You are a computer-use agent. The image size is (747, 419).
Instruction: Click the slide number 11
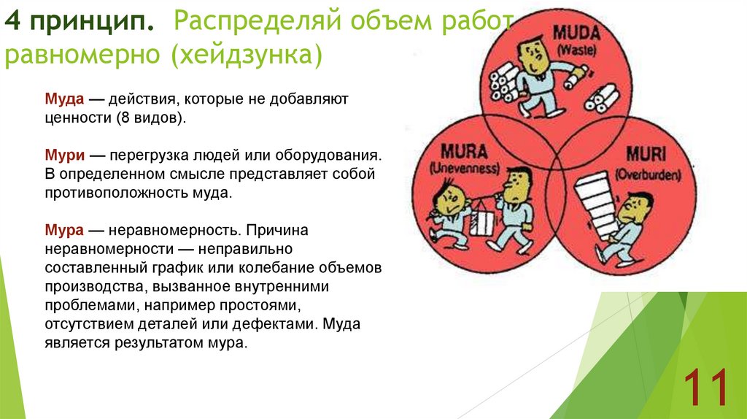coord(705,388)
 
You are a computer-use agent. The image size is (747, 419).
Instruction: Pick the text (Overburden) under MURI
coord(648,175)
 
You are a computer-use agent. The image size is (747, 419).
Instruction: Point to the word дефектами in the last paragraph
coord(282,324)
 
